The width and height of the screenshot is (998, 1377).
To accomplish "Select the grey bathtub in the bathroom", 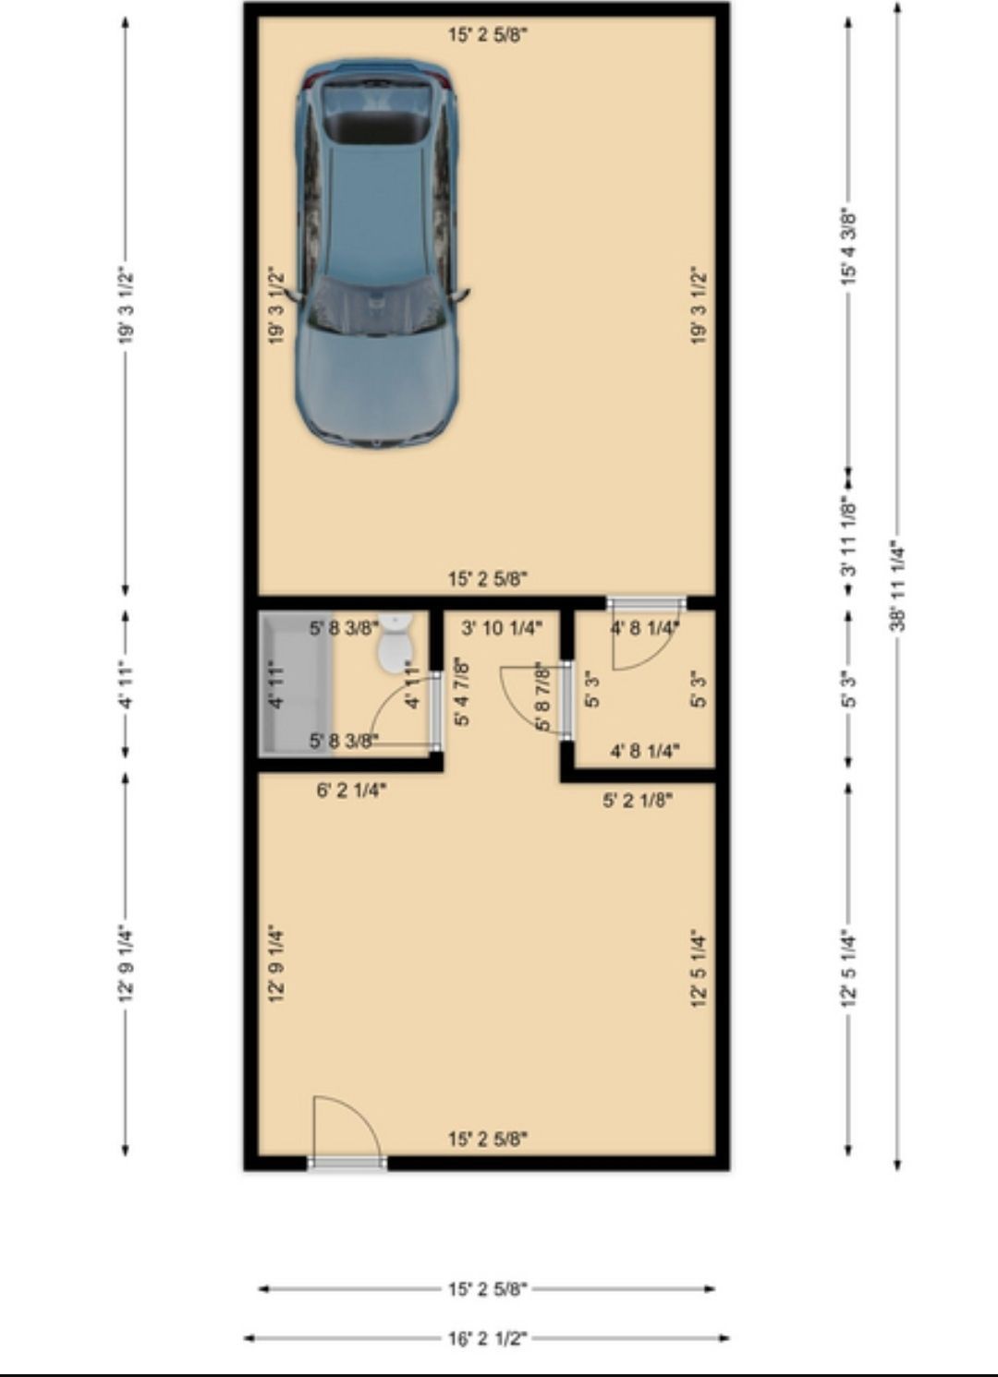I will (296, 683).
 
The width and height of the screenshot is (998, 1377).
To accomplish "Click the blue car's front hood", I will (376, 388).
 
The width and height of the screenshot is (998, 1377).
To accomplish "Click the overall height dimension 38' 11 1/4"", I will (898, 586).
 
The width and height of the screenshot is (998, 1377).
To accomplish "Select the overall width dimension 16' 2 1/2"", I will (487, 1337).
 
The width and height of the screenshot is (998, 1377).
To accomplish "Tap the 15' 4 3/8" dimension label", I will (849, 248).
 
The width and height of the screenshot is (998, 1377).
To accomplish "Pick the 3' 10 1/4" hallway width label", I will (501, 628).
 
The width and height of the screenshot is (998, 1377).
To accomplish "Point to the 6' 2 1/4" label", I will (351, 791).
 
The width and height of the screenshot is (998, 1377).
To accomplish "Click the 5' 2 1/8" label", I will (638, 800).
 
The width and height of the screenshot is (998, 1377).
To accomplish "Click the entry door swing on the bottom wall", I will (346, 1129).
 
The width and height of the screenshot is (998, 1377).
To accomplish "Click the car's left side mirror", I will (293, 295).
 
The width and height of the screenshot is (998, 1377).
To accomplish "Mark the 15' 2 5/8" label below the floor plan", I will (487, 1289).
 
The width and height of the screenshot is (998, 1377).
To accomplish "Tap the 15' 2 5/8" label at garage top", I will (487, 36).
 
